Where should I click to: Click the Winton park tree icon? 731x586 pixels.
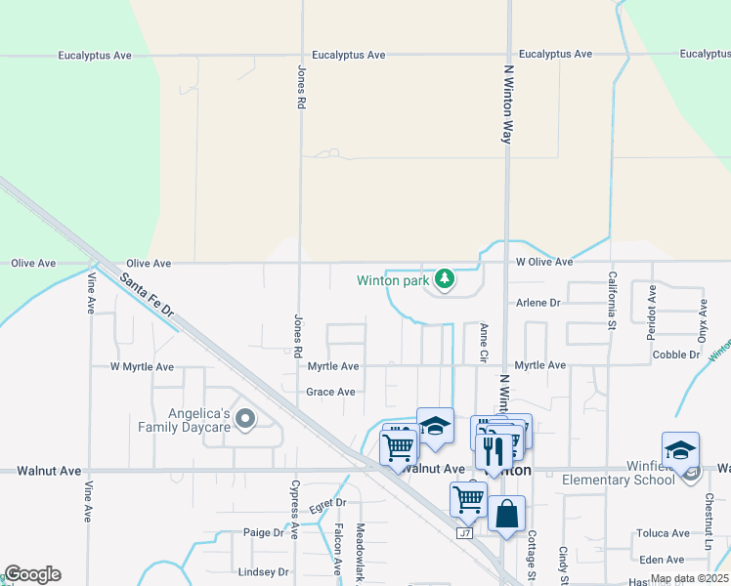[x=445, y=280]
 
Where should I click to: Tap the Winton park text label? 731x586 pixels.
[x=393, y=281]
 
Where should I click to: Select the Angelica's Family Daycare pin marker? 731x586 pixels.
[x=245, y=420]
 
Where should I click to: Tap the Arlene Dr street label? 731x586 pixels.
[x=538, y=303]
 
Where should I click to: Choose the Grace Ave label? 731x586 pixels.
[x=330, y=392]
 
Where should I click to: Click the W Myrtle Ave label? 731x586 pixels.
[x=142, y=367]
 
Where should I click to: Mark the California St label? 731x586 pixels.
[x=613, y=298]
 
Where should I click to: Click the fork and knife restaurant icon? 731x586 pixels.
[x=494, y=450]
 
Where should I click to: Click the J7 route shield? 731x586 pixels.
[x=466, y=533]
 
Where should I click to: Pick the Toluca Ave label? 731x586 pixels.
[x=663, y=533]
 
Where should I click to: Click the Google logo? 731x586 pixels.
[x=32, y=574]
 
